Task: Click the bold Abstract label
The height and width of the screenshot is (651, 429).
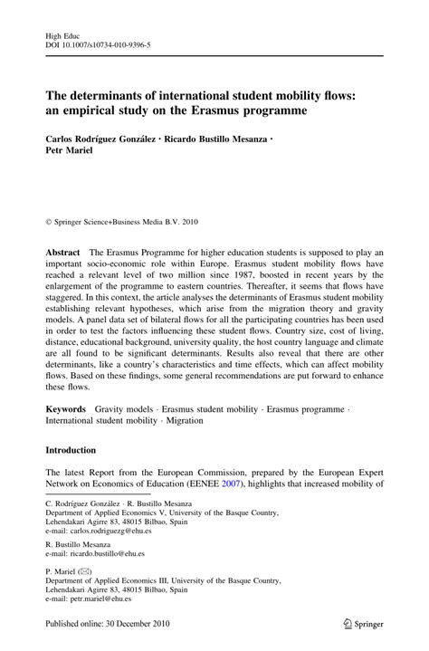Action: pos(62,226)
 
